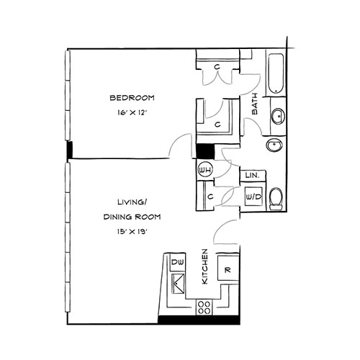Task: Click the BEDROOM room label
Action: pos(132,98)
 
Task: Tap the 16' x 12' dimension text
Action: pos(132,112)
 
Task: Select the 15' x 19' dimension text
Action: pos(132,232)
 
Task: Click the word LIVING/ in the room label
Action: pos(132,202)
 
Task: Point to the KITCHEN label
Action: pos(204,266)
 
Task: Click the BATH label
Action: pos(254,104)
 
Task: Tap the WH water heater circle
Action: pos(205,170)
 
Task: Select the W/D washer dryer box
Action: pos(253,197)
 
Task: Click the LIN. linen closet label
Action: pos(253,176)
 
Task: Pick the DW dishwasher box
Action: pos(177,263)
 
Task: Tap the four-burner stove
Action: pos(204,307)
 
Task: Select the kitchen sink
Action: pos(178,284)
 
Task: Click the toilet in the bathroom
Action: pos(276,199)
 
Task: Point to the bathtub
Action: pos(276,73)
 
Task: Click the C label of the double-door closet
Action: pos(217,67)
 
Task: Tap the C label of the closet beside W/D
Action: pos(210,197)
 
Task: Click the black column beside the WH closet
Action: pos(205,151)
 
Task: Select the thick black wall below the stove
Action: pos(199,320)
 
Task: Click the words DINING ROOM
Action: pos(132,217)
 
